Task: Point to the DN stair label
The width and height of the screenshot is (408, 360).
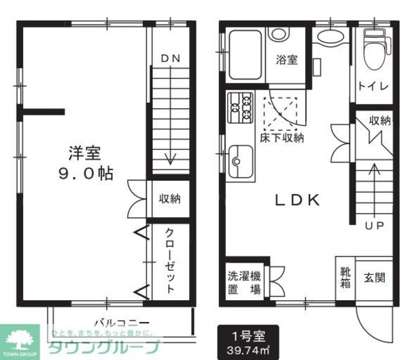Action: pos(170,59)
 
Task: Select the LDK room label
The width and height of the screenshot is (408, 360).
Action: pos(297,200)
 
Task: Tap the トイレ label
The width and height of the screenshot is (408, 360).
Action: pos(374,86)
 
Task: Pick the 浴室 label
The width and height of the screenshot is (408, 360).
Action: pos(286,60)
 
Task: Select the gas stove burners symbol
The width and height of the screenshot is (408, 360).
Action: pos(239,105)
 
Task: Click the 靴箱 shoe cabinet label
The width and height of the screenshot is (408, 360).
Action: pos(345,278)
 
